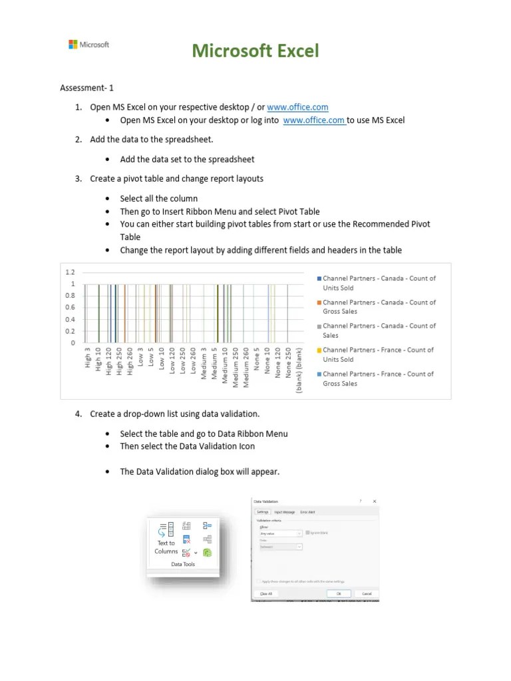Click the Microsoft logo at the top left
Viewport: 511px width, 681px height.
[88, 45]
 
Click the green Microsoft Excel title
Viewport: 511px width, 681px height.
[256, 51]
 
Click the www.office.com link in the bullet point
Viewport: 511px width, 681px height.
[313, 120]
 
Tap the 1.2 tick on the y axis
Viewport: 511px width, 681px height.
[70, 272]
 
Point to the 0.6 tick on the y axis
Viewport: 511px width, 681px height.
[70, 307]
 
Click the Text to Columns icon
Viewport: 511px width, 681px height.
[166, 538]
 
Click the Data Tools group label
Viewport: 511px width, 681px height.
[183, 564]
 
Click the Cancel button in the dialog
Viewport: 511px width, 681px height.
[366, 593]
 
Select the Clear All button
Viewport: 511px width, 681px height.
[265, 593]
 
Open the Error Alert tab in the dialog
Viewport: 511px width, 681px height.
[308, 512]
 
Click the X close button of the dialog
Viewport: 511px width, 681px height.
[374, 501]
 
